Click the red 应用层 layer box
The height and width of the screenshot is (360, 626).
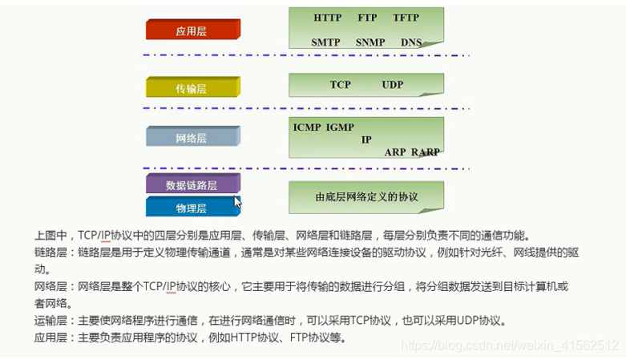pos(192,30)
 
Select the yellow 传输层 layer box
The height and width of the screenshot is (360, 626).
pos(192,88)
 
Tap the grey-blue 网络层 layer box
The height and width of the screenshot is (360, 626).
pos(192,137)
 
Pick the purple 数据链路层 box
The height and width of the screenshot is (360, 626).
pos(192,184)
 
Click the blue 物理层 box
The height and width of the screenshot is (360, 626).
pos(192,208)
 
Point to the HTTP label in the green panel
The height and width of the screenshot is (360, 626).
pos(327,17)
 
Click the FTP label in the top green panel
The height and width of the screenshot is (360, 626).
pos(366,17)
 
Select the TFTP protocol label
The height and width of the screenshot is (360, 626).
pos(406,17)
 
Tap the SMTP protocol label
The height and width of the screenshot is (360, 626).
pos(326,42)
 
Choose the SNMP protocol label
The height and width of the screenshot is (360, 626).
pos(370,42)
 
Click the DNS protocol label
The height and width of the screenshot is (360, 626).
pos(411,42)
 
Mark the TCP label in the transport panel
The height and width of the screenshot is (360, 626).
pos(341,85)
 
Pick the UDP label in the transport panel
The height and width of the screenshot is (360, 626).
pos(393,85)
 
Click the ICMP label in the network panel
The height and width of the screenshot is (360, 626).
pos(307,127)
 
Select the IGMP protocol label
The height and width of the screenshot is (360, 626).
pos(341,127)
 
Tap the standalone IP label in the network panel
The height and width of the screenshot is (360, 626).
pos(366,140)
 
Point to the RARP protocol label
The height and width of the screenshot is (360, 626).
pos(426,152)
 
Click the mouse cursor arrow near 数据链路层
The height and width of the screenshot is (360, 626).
pos(238,201)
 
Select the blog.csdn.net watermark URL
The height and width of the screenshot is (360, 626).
pos(509,346)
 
